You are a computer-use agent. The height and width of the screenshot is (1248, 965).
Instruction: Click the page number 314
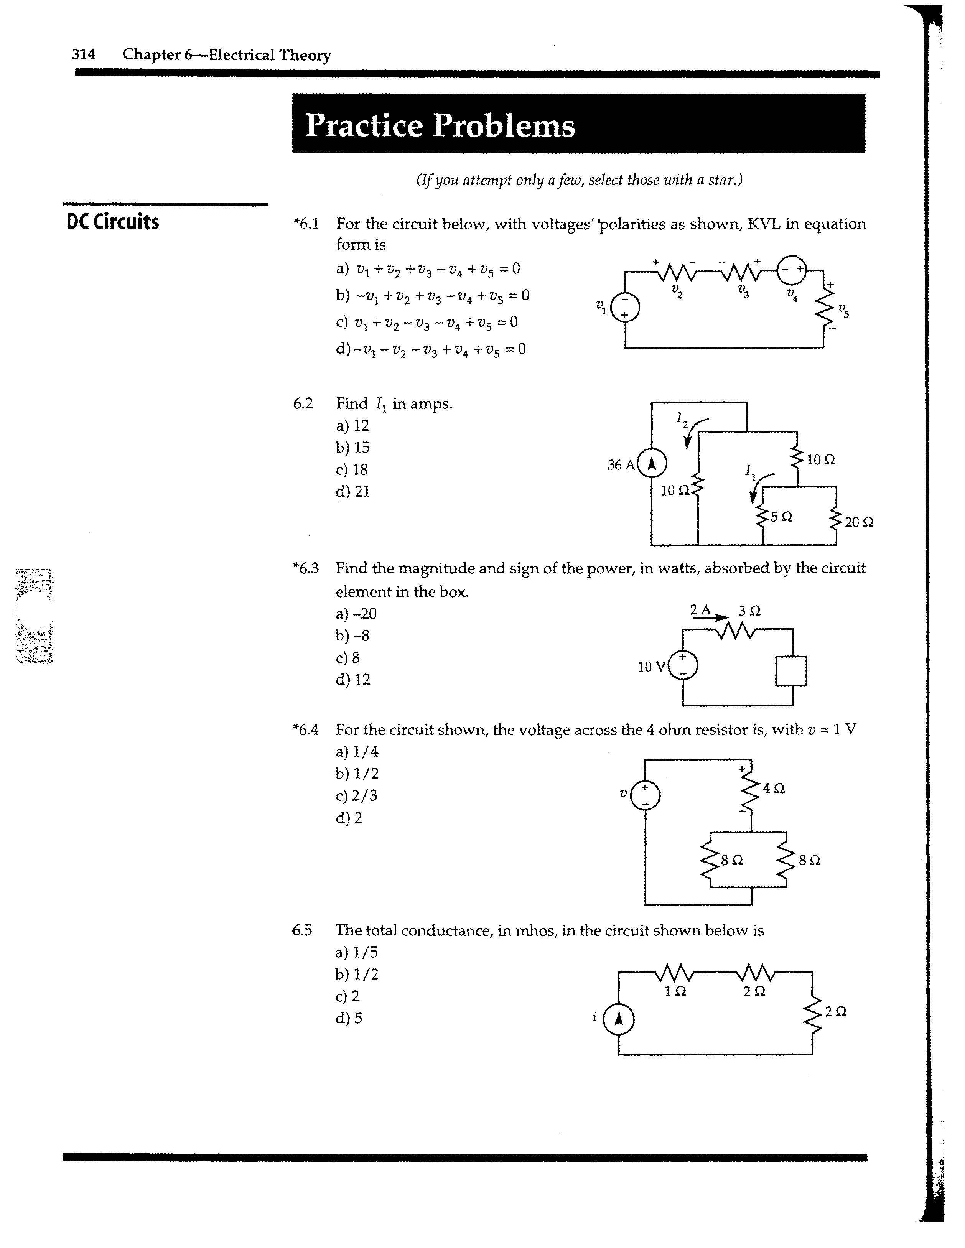click(83, 54)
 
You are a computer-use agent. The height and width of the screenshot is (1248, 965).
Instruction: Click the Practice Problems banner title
click(440, 125)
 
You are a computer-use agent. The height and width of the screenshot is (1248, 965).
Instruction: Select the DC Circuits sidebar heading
click(112, 222)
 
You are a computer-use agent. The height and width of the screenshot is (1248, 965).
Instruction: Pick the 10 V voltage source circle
click(683, 666)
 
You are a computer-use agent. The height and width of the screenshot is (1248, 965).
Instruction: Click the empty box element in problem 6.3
click(791, 670)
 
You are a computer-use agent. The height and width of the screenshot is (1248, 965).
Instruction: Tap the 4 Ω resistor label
click(774, 789)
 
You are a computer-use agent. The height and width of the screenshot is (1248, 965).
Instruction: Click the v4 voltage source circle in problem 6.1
click(792, 270)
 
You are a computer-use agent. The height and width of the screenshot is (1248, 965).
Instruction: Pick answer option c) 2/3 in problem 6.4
click(357, 795)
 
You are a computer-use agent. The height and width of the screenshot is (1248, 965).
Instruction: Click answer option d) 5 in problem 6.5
click(349, 1018)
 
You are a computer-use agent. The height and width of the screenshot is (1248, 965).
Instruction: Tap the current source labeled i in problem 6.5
click(618, 1019)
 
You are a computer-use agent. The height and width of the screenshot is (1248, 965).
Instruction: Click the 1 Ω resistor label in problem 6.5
click(675, 993)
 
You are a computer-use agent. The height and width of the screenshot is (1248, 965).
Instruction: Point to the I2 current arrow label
click(682, 419)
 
